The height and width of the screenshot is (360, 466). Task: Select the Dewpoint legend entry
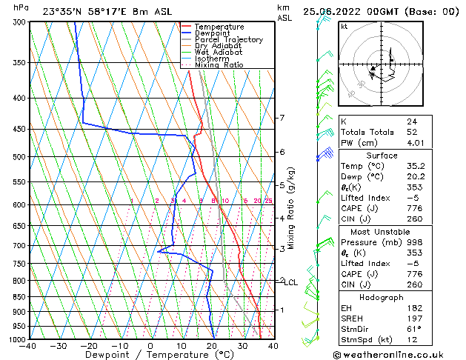click(214, 33)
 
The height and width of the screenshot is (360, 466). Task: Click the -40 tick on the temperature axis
click(28, 345)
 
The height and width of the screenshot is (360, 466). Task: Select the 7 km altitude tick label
click(281, 118)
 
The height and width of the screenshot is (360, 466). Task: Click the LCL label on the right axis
click(290, 282)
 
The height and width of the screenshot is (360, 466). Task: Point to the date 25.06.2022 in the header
click(330, 11)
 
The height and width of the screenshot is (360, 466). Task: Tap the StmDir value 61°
click(413, 329)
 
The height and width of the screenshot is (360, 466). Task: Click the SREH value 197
click(413, 318)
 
